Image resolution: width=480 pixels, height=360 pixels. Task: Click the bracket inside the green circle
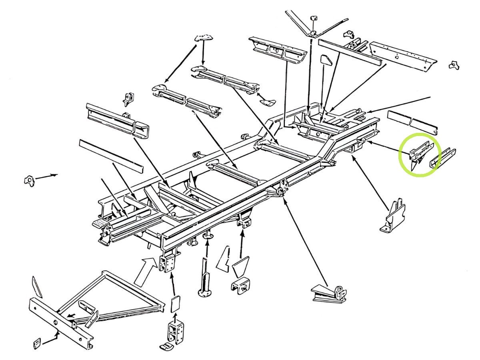point(418,154)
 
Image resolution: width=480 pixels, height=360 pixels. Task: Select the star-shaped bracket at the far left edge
point(29,180)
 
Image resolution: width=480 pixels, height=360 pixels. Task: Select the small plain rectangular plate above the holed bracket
point(175,304)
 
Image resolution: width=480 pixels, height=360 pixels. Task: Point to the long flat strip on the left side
point(111,156)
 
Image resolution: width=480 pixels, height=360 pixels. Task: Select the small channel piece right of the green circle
point(443,158)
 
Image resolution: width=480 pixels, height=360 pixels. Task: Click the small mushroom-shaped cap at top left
point(204,38)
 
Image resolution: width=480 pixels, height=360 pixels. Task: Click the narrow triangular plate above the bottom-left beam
point(37,286)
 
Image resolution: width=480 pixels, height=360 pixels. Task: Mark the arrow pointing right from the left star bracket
point(46,176)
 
